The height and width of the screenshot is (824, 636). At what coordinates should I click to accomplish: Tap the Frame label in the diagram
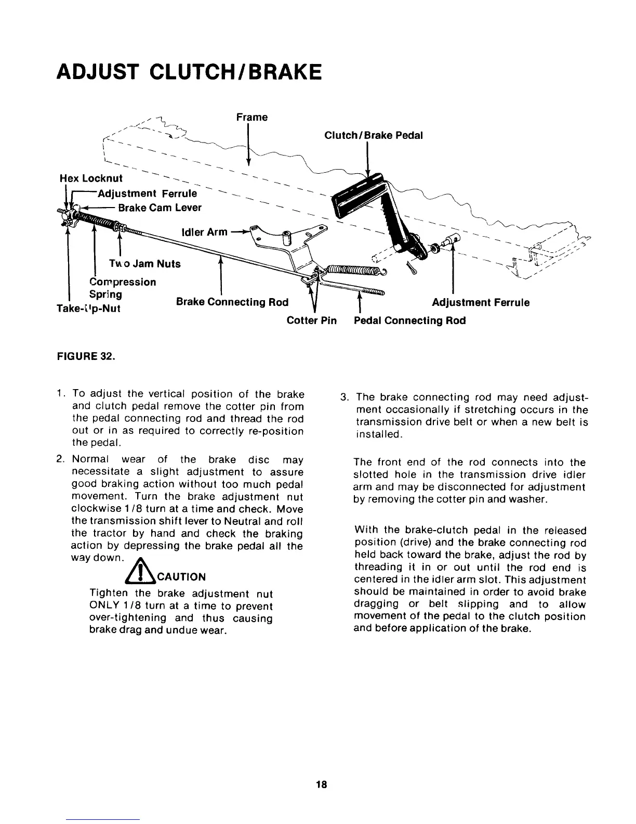252,117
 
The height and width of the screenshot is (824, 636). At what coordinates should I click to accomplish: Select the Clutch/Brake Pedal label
373,135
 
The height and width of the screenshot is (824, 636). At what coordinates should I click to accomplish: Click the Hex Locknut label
91,178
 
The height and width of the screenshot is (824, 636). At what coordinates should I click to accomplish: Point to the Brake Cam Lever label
160,208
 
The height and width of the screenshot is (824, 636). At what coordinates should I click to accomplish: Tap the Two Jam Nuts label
145,264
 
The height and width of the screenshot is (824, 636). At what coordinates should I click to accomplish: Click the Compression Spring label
123,288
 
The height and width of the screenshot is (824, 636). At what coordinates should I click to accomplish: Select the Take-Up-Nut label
89,308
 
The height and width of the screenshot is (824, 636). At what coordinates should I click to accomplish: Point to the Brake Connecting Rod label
232,302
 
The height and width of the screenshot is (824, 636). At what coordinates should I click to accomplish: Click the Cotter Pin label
312,320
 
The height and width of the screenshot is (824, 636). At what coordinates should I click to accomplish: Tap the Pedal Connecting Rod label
409,320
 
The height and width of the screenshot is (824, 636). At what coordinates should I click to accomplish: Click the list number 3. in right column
343,398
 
